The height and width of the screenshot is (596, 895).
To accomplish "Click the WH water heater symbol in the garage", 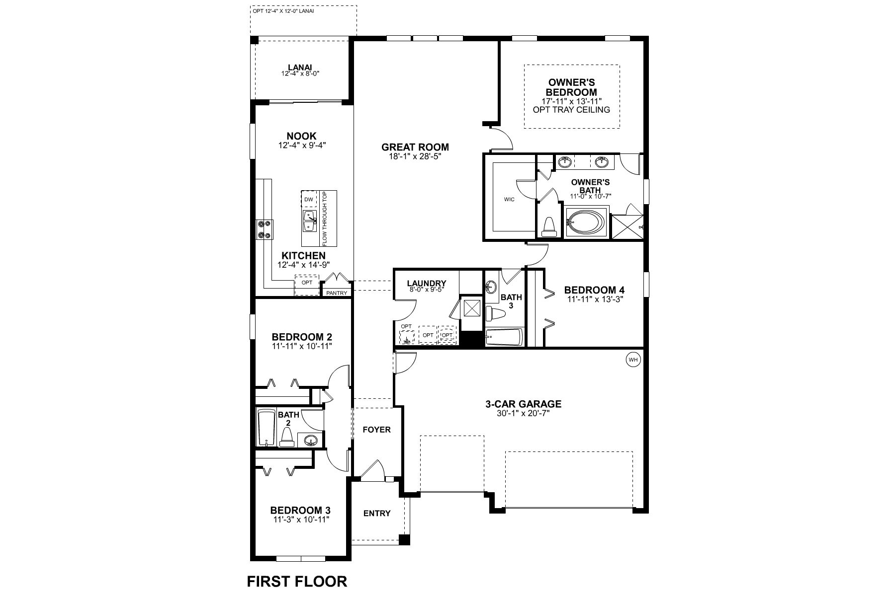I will [632, 360].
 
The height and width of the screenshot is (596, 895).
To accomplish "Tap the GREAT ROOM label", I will [415, 147].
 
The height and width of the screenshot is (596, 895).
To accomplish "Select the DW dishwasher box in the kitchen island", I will [309, 200].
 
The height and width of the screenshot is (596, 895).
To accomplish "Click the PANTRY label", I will [337, 293].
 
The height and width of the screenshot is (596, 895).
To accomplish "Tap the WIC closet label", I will [509, 200].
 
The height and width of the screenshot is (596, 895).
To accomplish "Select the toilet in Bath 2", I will [286, 437].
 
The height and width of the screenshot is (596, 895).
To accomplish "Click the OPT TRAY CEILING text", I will [571, 109].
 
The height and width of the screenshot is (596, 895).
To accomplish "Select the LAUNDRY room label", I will [426, 284].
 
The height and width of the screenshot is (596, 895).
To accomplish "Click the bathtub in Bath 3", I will [504, 338].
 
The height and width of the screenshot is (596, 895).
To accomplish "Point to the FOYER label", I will [376, 430].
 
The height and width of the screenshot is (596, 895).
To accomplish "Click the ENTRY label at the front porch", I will [377, 513].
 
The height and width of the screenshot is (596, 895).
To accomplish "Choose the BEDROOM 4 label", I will [594, 290].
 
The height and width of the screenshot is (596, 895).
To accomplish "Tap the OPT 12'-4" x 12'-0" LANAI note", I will [283, 10].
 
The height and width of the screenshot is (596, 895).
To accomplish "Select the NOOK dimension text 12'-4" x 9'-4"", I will [302, 146].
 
